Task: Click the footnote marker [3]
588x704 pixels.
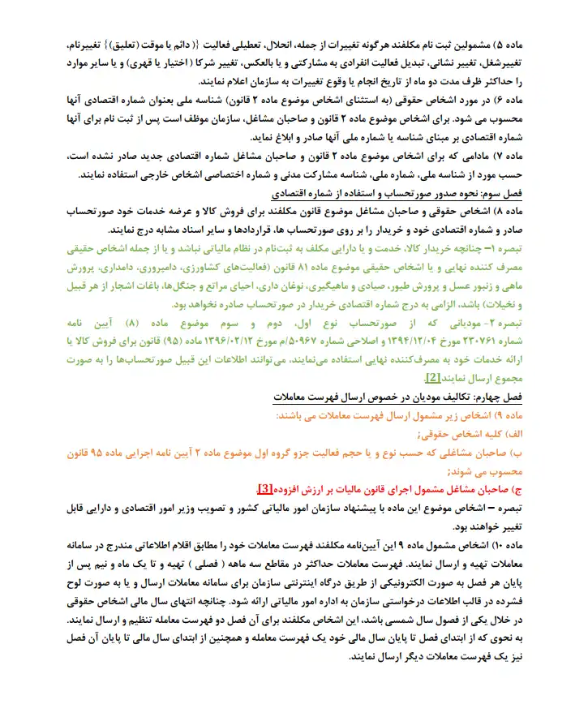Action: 265,489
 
